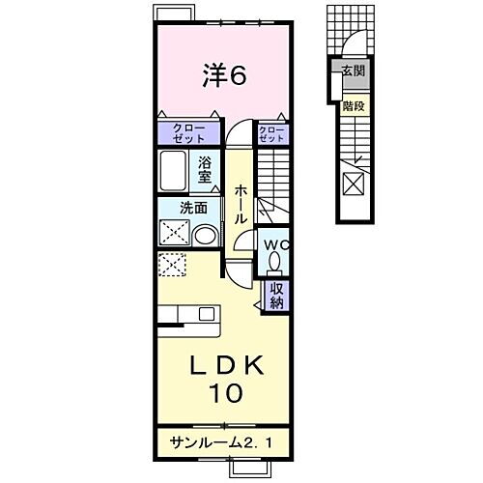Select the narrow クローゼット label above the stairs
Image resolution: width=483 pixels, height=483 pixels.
[271, 132]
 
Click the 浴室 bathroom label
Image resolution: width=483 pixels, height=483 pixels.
[205, 169]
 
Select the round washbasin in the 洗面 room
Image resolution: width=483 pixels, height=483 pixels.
[205, 235]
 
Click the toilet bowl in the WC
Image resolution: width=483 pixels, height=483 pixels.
[274, 262]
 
